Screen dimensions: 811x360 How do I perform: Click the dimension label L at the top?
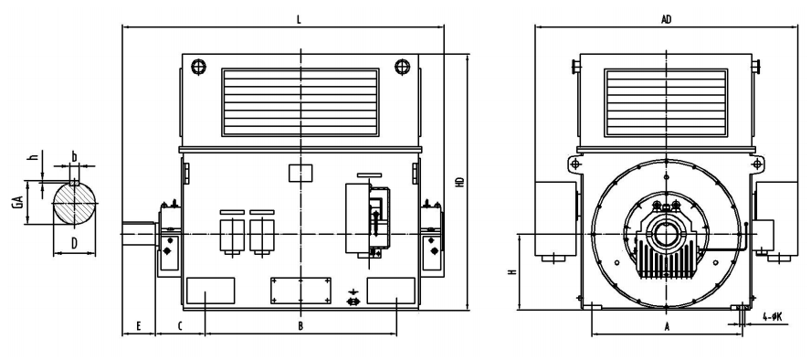(x=299, y=20)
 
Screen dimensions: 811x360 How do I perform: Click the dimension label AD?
(x=666, y=20)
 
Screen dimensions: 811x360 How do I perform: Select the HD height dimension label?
(x=459, y=182)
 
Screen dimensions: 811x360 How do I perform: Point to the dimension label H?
(x=511, y=272)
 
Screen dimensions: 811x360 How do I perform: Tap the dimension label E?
(x=139, y=326)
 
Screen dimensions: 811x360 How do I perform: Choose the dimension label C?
(x=180, y=326)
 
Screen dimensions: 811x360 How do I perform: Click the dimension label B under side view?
(x=300, y=326)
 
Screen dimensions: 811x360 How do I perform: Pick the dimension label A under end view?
(x=668, y=326)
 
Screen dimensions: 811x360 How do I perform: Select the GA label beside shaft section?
(x=18, y=202)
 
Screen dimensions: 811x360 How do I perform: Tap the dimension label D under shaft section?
(x=75, y=242)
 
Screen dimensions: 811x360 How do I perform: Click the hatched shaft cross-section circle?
(x=76, y=203)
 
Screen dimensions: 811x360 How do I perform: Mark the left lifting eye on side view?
(x=198, y=67)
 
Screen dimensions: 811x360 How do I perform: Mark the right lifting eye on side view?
(x=402, y=67)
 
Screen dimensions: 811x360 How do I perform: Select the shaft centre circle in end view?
(x=665, y=234)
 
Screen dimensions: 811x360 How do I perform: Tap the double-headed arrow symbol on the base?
(x=353, y=301)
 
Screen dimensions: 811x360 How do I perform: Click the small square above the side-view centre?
(x=300, y=174)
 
